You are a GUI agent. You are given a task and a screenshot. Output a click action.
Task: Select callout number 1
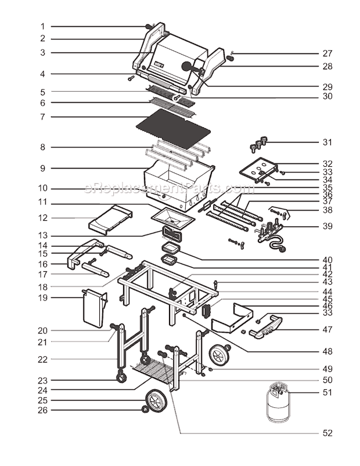pyautogui.click(x=42, y=26)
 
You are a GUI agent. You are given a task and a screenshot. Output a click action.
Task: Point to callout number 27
pyautogui.click(x=327, y=53)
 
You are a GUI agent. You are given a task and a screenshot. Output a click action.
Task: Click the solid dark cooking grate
pyautogui.click(x=167, y=124)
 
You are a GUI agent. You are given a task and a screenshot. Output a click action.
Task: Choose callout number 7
pyautogui.click(x=42, y=117)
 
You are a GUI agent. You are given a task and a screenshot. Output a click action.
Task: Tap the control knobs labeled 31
pyautogui.click(x=260, y=142)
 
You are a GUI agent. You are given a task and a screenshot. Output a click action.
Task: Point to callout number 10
pyautogui.click(x=42, y=188)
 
